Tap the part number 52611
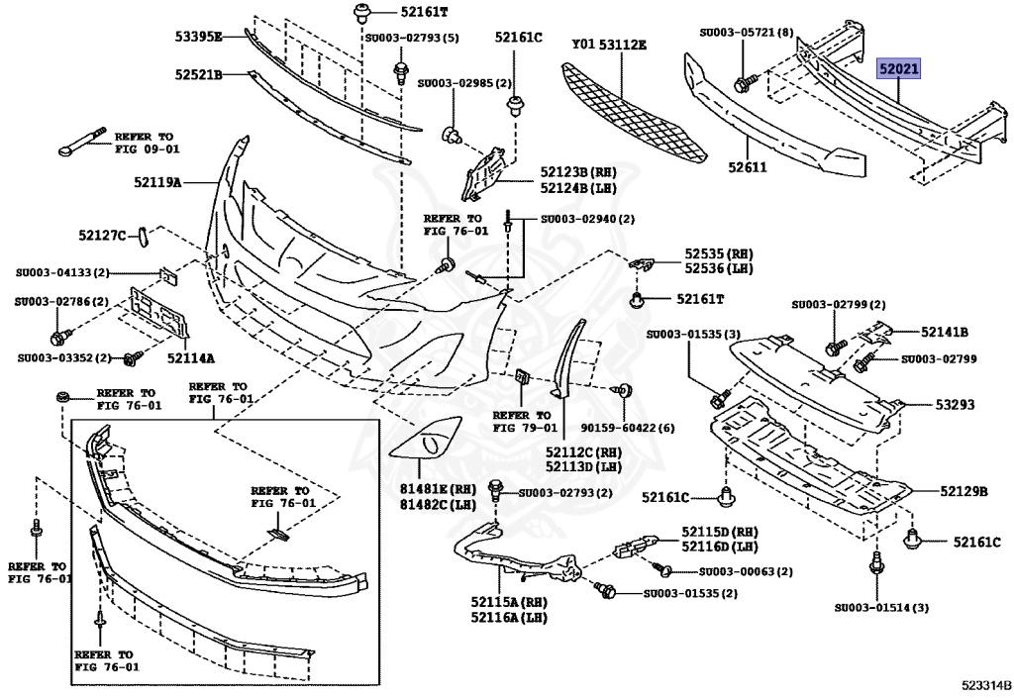[749, 167]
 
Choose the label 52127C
[103, 235]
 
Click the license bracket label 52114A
[191, 357]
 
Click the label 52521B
[198, 74]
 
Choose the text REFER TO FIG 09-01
[147, 143]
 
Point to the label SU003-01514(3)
[880, 607]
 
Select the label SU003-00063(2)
[746, 571]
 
